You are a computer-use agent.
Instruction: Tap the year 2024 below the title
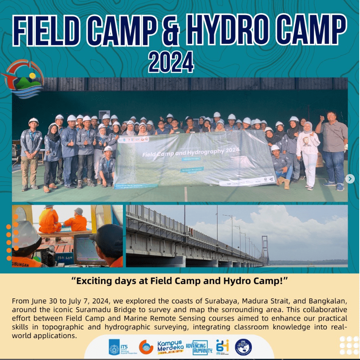point(171,63)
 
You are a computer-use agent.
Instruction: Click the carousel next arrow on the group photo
point(350,179)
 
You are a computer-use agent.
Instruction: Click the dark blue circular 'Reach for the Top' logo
point(243,346)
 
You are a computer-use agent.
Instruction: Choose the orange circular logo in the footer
point(146,347)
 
